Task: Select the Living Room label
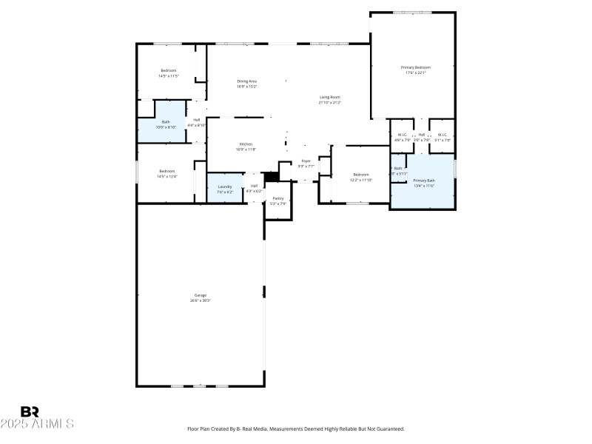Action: pos(329,99)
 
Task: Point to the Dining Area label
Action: pos(246,83)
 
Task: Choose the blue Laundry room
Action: pos(225,189)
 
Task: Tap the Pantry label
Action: pos(278,200)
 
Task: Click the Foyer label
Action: pos(306,163)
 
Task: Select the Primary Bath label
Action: pos(424,182)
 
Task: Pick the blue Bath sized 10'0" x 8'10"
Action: pos(166,124)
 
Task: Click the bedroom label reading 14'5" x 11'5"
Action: pos(168,73)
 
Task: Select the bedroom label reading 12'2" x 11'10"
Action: pos(360,176)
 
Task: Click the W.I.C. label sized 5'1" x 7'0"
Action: pos(443,136)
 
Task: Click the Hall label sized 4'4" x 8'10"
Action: pos(197,122)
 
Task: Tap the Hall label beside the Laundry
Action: pos(254,188)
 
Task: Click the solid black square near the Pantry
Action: pos(271,176)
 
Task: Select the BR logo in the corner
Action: pos(30,411)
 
